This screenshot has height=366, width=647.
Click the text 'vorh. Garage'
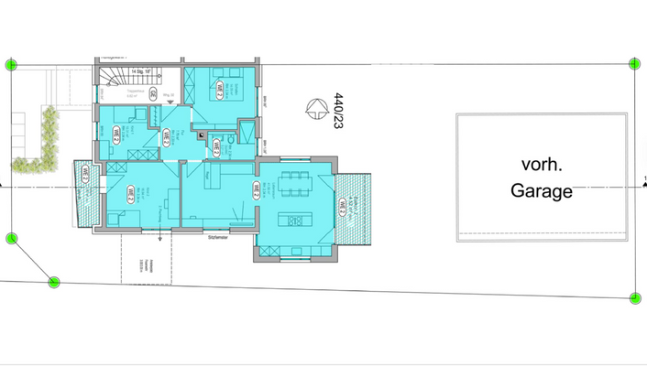pos(545,178)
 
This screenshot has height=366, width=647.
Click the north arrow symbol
pos(316,110)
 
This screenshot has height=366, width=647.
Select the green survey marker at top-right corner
pos(634,63)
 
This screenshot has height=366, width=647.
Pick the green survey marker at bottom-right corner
pos(635,297)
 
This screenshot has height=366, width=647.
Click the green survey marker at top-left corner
pos(11,64)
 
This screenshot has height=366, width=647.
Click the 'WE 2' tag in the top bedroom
pos(221,89)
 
